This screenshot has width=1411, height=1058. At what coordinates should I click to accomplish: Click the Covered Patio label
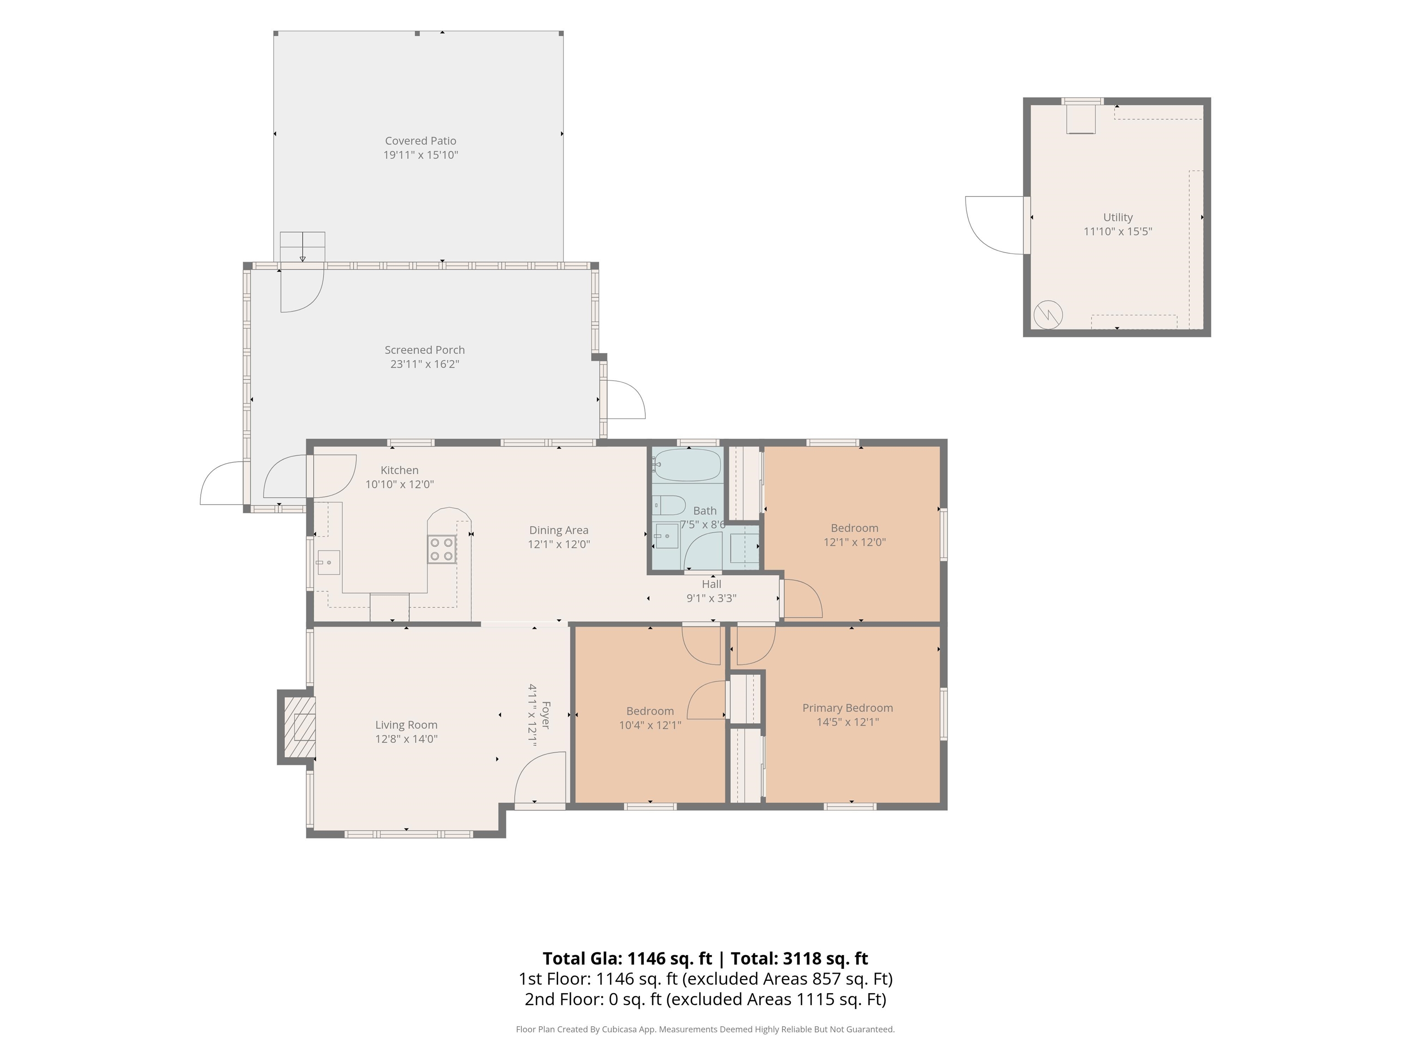click(420, 141)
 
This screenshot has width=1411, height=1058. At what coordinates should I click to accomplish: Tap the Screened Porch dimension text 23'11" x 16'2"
click(425, 364)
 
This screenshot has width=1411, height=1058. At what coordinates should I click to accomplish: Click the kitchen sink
click(328, 563)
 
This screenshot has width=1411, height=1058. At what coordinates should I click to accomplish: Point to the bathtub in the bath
click(686, 465)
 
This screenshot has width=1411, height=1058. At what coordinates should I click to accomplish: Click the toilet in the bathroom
click(668, 505)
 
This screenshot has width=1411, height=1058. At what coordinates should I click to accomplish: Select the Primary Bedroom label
click(847, 708)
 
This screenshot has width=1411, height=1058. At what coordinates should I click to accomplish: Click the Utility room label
click(1118, 218)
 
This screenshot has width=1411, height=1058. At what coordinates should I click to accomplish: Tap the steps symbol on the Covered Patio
click(302, 247)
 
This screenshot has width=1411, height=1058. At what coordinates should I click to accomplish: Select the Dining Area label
click(559, 530)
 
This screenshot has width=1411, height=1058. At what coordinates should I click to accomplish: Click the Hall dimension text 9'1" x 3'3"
click(711, 598)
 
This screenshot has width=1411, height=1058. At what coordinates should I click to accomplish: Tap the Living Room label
click(406, 725)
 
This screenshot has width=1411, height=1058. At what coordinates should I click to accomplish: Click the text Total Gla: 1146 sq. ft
click(627, 958)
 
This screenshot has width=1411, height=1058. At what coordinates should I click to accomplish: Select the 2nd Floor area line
click(705, 999)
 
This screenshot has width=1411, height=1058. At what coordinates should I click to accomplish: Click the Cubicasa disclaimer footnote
click(705, 1030)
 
